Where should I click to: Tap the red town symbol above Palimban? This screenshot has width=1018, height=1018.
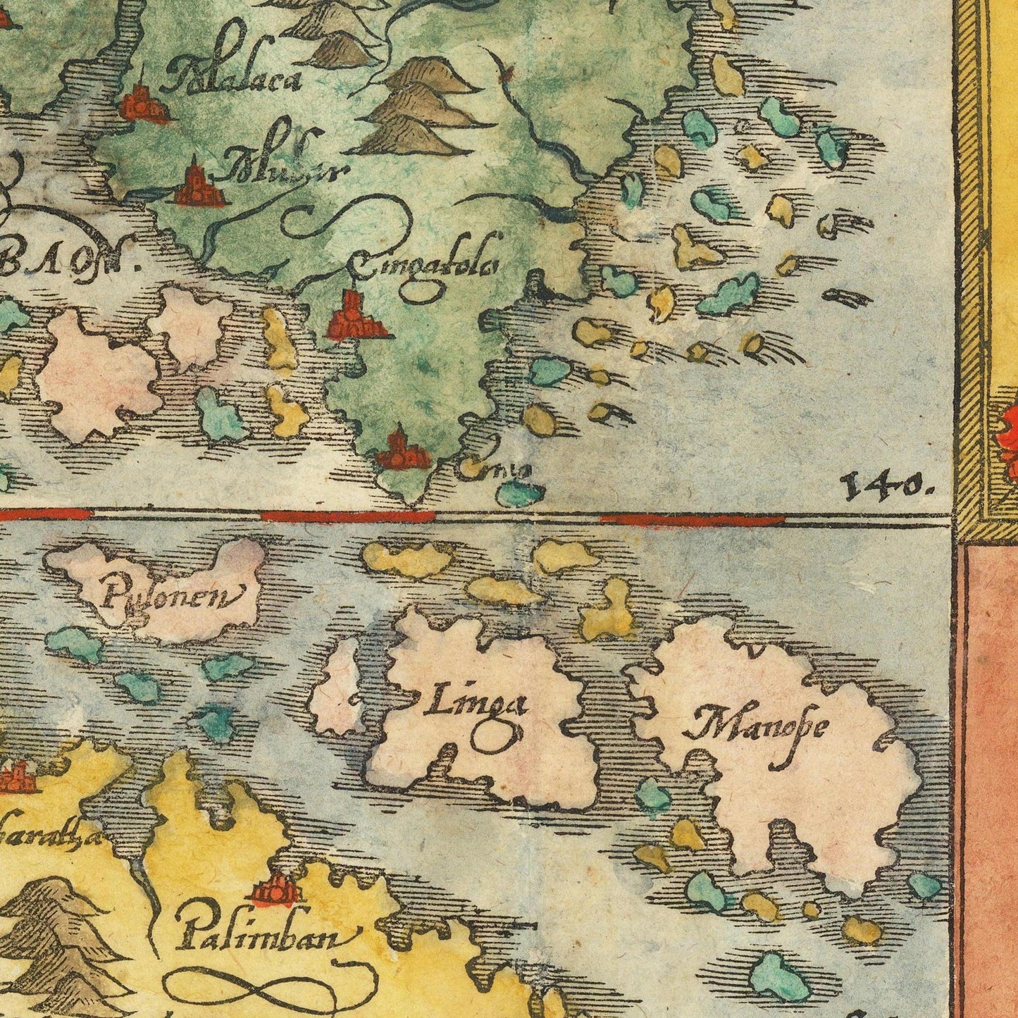coord(278,890)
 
